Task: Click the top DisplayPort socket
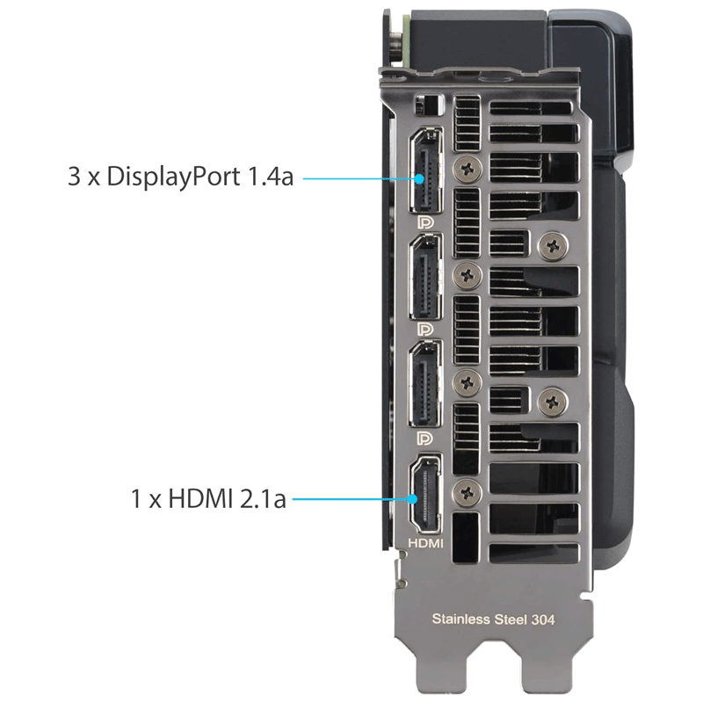(425, 170)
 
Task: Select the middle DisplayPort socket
(425, 278)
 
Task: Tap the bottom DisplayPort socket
(425, 384)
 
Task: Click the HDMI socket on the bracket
(425, 494)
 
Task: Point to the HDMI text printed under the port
(425, 543)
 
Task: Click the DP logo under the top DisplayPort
(425, 222)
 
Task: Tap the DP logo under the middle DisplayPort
(425, 330)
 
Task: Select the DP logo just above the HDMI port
(425, 438)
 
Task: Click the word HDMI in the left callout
(200, 498)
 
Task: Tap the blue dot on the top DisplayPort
(419, 179)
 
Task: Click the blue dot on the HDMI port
(412, 498)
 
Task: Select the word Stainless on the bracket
(460, 620)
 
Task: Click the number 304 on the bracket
(543, 620)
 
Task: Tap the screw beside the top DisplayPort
(467, 170)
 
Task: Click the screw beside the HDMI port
(467, 493)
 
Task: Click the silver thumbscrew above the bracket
(396, 44)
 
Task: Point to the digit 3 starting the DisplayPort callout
(74, 177)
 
